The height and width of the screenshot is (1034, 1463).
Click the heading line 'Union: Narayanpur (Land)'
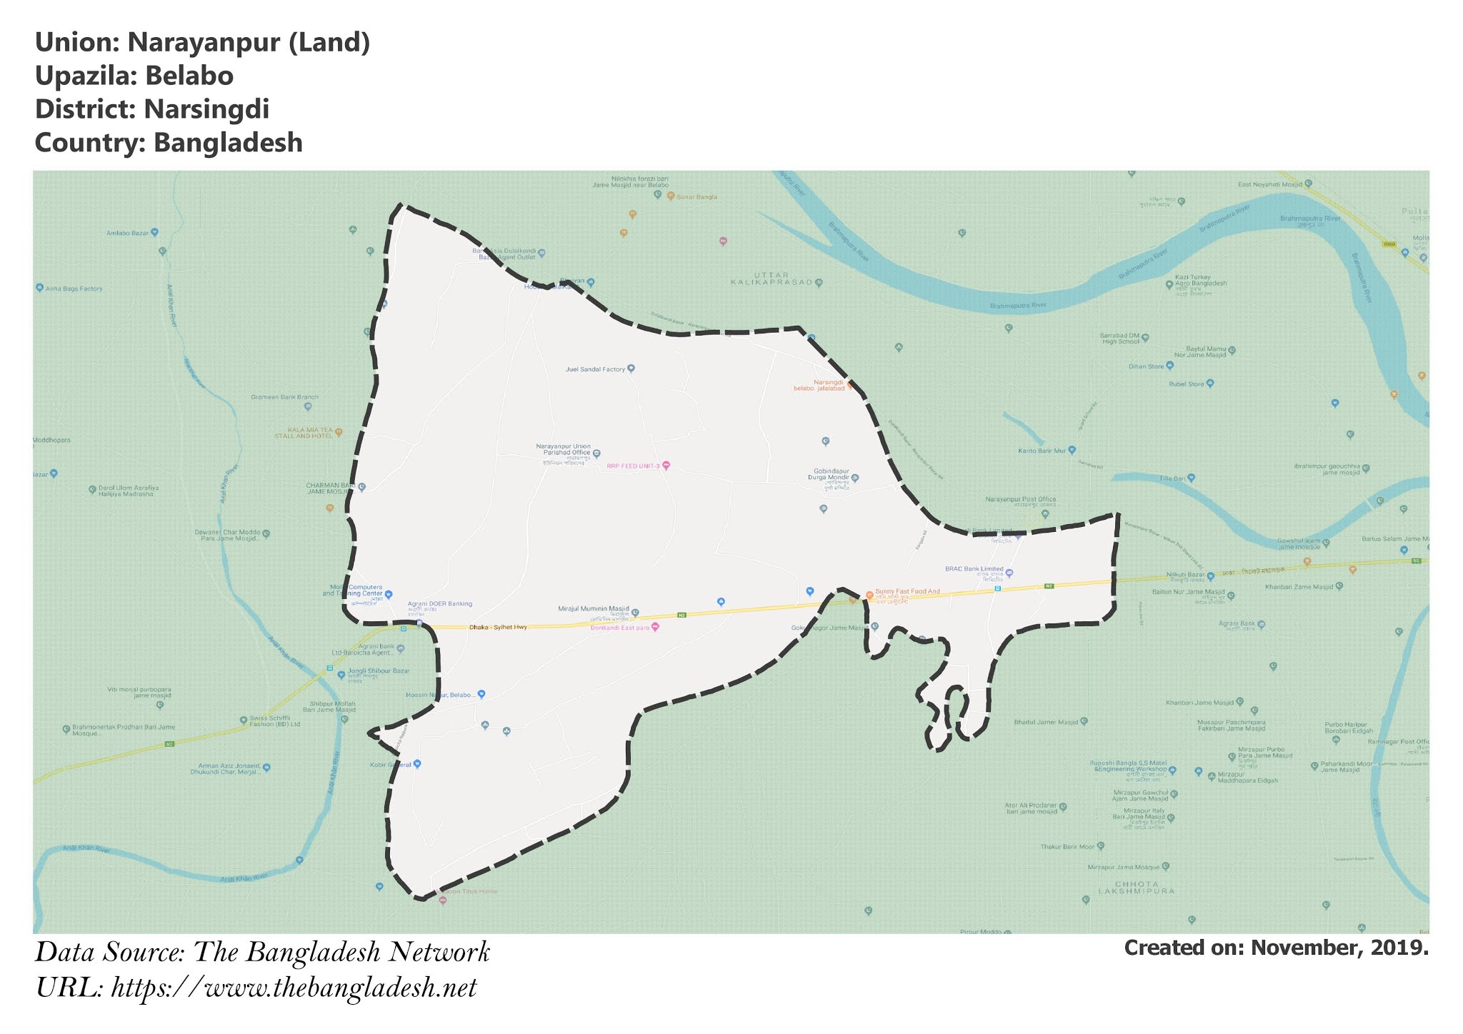[x=202, y=43]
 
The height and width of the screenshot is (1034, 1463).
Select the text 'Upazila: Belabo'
[x=134, y=76]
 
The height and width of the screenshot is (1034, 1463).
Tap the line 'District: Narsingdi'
[x=152, y=109]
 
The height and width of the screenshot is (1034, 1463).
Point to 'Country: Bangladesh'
[x=169, y=143]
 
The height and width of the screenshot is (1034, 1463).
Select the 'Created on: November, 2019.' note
[x=1276, y=948]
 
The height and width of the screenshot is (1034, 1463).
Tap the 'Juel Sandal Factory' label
[x=595, y=370]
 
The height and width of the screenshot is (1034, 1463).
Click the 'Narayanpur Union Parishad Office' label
[x=564, y=449]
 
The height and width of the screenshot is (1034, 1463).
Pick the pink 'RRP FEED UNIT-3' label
[x=633, y=466]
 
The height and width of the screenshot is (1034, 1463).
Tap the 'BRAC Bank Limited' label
[x=974, y=569]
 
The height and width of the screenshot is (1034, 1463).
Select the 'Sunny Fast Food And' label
[x=907, y=592]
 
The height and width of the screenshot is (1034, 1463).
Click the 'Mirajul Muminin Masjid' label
[x=593, y=609]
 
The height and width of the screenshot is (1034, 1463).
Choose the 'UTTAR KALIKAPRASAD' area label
[x=771, y=278]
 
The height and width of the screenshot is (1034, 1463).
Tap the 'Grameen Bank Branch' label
[x=284, y=397]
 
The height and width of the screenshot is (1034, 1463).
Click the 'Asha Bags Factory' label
[x=74, y=289]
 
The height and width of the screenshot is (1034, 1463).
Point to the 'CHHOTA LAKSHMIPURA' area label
[x=1136, y=888]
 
